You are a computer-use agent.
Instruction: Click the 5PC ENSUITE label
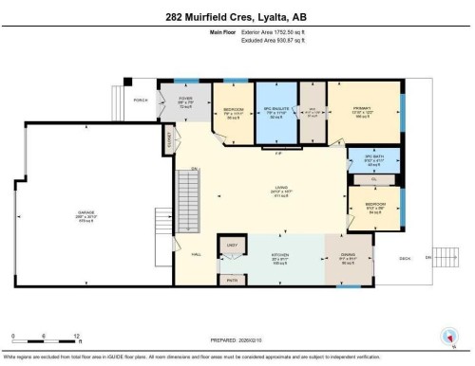275,110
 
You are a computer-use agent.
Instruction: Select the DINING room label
348,255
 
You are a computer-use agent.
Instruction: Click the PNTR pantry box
229,280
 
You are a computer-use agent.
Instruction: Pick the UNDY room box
230,247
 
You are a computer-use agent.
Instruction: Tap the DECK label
404,257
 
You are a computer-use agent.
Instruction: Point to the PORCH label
141,99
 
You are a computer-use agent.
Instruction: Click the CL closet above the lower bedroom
374,177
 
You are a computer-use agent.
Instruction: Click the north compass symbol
447,334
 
